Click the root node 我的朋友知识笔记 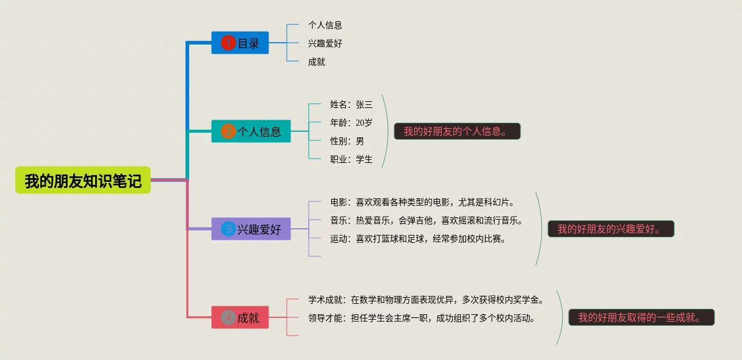pyautogui.click(x=83, y=181)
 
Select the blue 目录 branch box pyautogui.click(x=240, y=43)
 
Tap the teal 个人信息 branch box pyautogui.click(x=251, y=132)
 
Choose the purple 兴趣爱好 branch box pyautogui.click(x=251, y=229)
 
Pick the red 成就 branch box pyautogui.click(x=240, y=318)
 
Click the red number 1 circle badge pyautogui.click(x=228, y=43)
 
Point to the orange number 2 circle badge pyautogui.click(x=228, y=132)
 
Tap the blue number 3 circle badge pyautogui.click(x=228, y=229)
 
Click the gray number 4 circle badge pyautogui.click(x=228, y=318)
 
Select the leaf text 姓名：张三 pyautogui.click(x=351, y=104)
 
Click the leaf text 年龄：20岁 pyautogui.click(x=351, y=123)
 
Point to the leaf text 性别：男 pyautogui.click(x=347, y=141)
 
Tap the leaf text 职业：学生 pyautogui.click(x=351, y=159)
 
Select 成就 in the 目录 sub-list pyautogui.click(x=317, y=62)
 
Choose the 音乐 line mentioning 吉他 pyautogui.click(x=427, y=220)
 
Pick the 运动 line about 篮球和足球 pyautogui.click(x=418, y=239)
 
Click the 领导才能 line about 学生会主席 pyautogui.click(x=422, y=318)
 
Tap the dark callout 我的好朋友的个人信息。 pyautogui.click(x=457, y=131)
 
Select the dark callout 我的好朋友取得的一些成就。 pyautogui.click(x=641, y=317)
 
